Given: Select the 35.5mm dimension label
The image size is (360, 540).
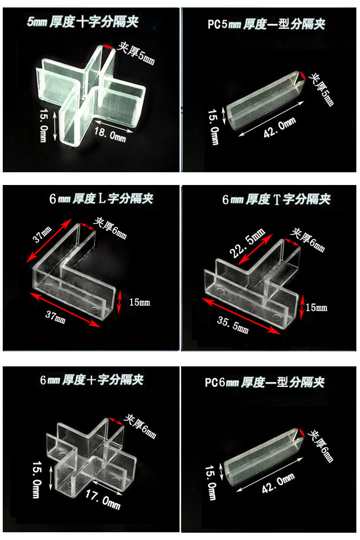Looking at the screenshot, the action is pos(233,323).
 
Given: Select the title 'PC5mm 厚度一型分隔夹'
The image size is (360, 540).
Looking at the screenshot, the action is pos(266,24).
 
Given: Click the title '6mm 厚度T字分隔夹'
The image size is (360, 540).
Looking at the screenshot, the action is pos(276,199).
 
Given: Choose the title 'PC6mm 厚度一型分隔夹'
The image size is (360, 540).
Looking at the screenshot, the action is pos(264,382).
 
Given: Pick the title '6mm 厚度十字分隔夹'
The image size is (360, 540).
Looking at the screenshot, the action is pos(92,380).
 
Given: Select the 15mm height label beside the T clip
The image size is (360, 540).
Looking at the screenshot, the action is pos(317,308).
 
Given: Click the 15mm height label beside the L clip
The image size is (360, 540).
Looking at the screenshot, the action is pos(139,302).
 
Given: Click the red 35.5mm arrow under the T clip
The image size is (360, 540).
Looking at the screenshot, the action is pos(242,317).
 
